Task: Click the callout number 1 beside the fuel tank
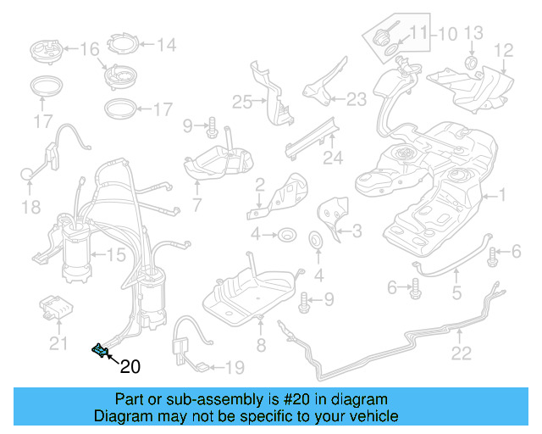pos(502,195)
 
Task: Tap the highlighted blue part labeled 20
pos(100,348)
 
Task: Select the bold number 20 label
pos(130,367)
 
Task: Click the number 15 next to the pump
pos(115,253)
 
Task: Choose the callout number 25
pos(243,103)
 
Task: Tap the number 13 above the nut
pos(473,33)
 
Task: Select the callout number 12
pos(504,51)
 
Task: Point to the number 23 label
pos(357,99)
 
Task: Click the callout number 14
pos(164,44)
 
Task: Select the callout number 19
pos(234,367)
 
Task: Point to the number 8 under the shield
pos(261,344)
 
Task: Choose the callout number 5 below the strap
pos(456,295)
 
